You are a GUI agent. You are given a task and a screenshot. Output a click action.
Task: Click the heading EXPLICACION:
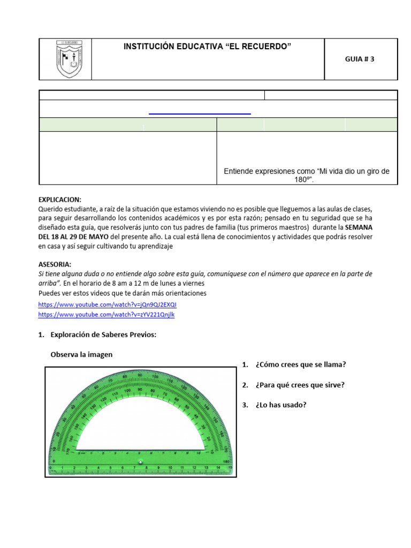[60, 199]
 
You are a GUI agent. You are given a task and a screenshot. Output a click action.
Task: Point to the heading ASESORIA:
[55, 264]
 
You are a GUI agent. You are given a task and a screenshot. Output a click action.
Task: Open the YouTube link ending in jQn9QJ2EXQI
[107, 305]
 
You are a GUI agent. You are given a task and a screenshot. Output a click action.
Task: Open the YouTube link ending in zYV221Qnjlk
[106, 315]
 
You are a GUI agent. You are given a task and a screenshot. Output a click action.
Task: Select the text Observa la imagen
[81, 354]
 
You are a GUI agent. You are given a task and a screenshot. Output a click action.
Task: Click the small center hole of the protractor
[140, 462]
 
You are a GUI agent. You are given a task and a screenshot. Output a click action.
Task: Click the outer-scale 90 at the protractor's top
[140, 376]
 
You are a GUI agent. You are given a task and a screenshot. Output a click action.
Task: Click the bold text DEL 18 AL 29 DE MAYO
[73, 237]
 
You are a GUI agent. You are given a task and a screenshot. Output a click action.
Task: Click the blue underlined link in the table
[200, 113]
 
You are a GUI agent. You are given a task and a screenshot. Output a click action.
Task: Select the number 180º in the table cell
[307, 180]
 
